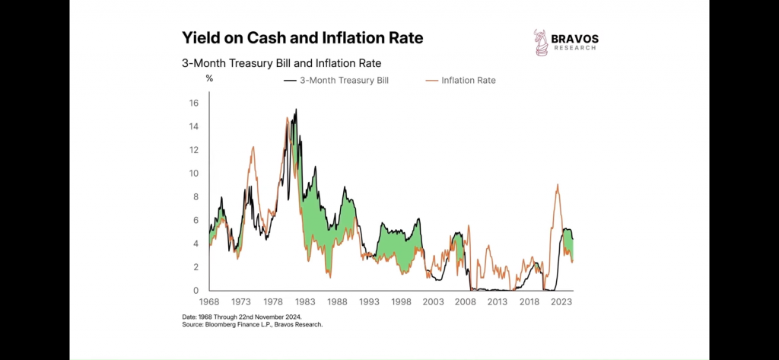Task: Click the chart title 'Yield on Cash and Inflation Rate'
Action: tap(302, 37)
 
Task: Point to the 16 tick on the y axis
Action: tap(194, 104)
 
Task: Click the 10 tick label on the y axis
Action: tap(194, 174)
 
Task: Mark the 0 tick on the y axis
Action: tap(196, 291)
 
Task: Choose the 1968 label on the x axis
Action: tap(209, 302)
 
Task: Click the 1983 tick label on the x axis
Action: tap(305, 302)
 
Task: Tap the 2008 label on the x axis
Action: tap(466, 302)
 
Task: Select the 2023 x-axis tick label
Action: tap(562, 302)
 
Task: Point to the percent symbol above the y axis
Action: tap(208, 78)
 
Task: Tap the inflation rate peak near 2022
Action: tap(558, 185)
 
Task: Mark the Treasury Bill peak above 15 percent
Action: tap(295, 110)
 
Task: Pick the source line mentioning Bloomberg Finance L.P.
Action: tap(253, 324)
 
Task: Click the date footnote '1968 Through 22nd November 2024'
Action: tap(243, 317)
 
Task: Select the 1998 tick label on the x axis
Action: tap(402, 302)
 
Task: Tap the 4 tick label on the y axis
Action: tap(196, 244)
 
